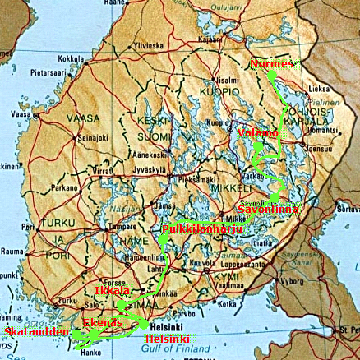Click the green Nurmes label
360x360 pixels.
coord(270,63)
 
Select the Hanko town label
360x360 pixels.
coord(93,353)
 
